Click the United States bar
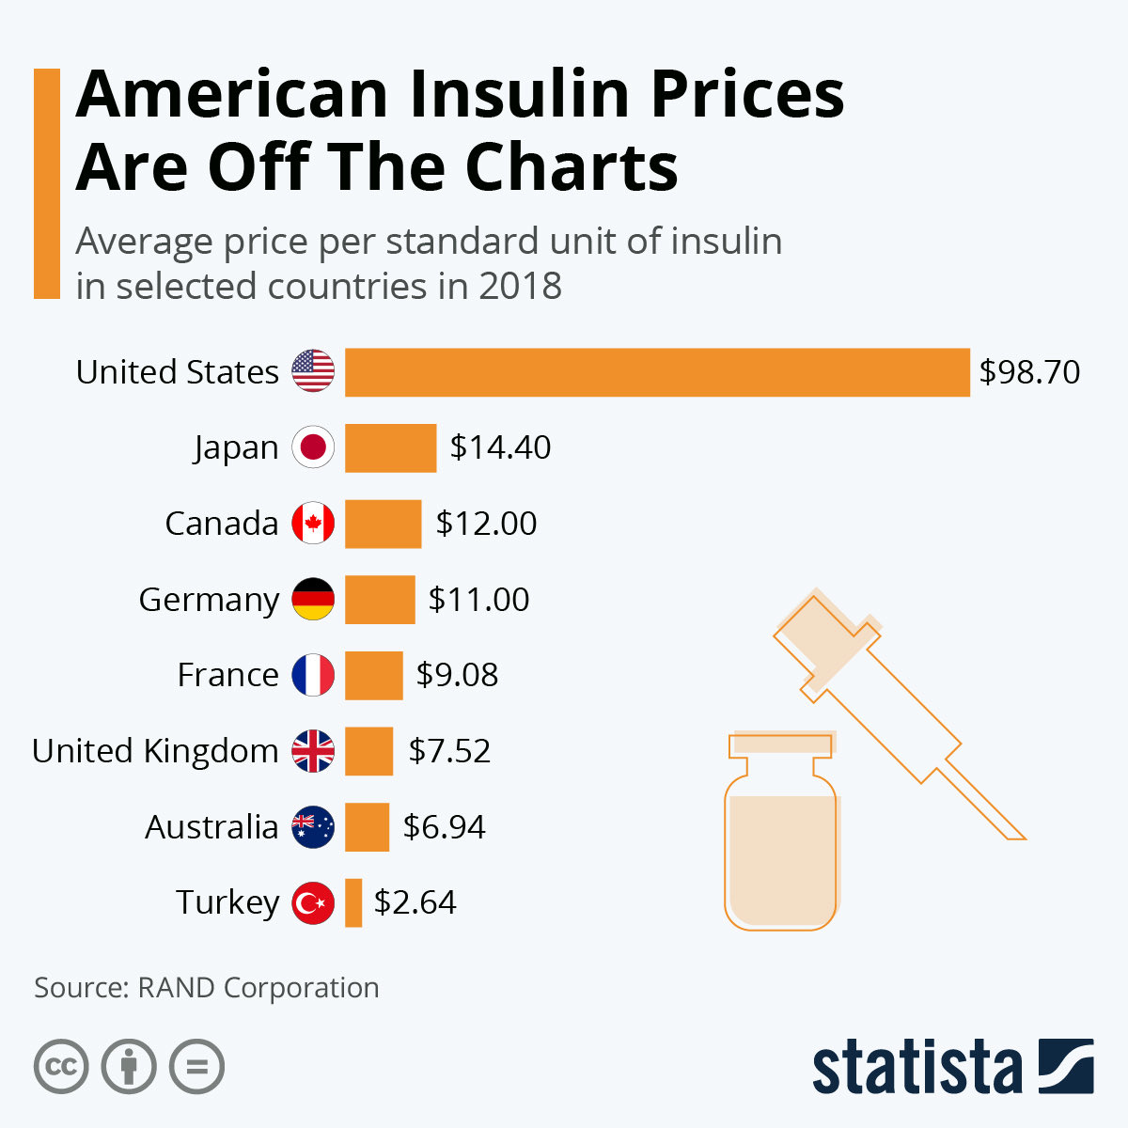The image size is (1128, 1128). coord(657,372)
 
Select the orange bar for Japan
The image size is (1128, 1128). coord(390,447)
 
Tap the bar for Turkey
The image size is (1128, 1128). coord(353,902)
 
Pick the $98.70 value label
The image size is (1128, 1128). coord(1029,372)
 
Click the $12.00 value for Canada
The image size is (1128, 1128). coord(486,524)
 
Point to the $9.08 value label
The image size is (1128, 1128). coord(457,675)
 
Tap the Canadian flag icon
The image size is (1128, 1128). coord(313,524)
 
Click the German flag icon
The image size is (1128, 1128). coord(313,600)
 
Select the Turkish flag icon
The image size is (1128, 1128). coord(313,903)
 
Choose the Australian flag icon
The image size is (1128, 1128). coord(313,827)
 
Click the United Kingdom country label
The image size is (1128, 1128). coord(155,751)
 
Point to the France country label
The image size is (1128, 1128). coord(227,675)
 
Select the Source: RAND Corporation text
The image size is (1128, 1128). coord(207,988)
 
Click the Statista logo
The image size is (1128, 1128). coord(952,1067)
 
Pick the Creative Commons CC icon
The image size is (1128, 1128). coord(61,1067)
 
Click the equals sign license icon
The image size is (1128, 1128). coord(197,1067)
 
